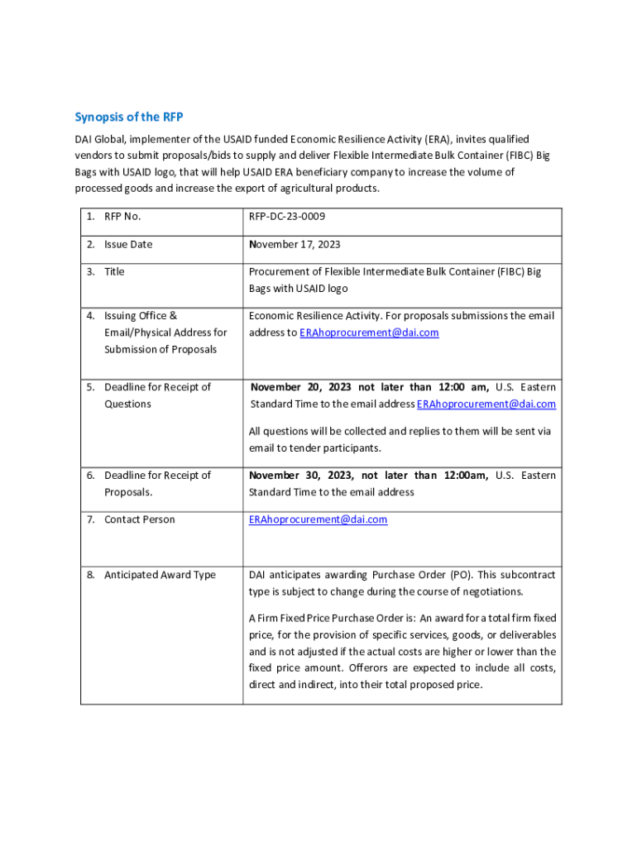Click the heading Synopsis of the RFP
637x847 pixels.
(x=128, y=117)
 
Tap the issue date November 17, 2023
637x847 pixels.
(x=295, y=244)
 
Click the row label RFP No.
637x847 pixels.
(x=122, y=217)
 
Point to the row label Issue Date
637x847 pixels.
(x=128, y=244)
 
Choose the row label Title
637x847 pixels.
(x=114, y=271)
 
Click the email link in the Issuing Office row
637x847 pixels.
(x=369, y=333)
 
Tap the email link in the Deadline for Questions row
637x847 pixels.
(x=486, y=404)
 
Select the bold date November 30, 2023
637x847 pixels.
(x=302, y=475)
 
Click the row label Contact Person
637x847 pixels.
(x=140, y=519)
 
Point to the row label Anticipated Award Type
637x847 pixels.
(x=160, y=575)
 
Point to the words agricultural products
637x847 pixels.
(x=329, y=189)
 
